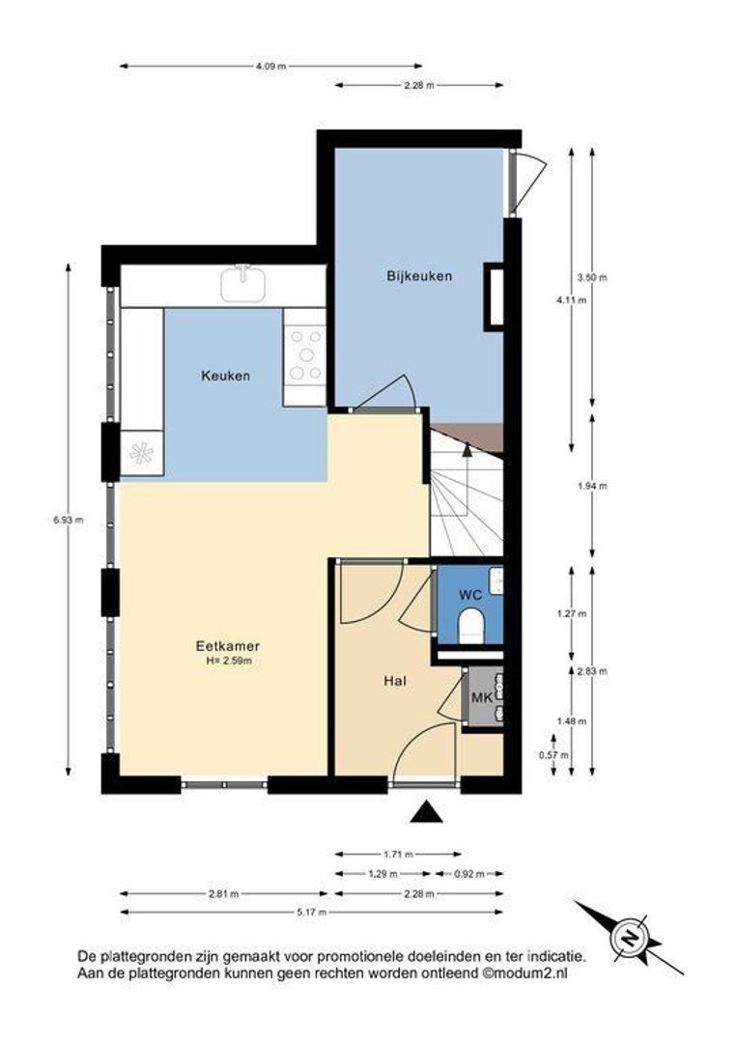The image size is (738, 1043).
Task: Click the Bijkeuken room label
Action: pos(419,276)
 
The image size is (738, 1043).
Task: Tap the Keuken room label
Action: pos(225,376)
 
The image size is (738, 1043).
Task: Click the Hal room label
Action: pos(393,681)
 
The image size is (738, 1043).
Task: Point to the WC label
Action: pos(469,595)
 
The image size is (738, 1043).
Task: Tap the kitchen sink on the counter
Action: pos(243,284)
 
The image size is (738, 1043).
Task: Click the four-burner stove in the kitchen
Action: pos(306,355)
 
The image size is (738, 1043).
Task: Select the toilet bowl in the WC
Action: pos(470,625)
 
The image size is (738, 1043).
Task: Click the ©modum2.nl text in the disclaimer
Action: pos(533,974)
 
